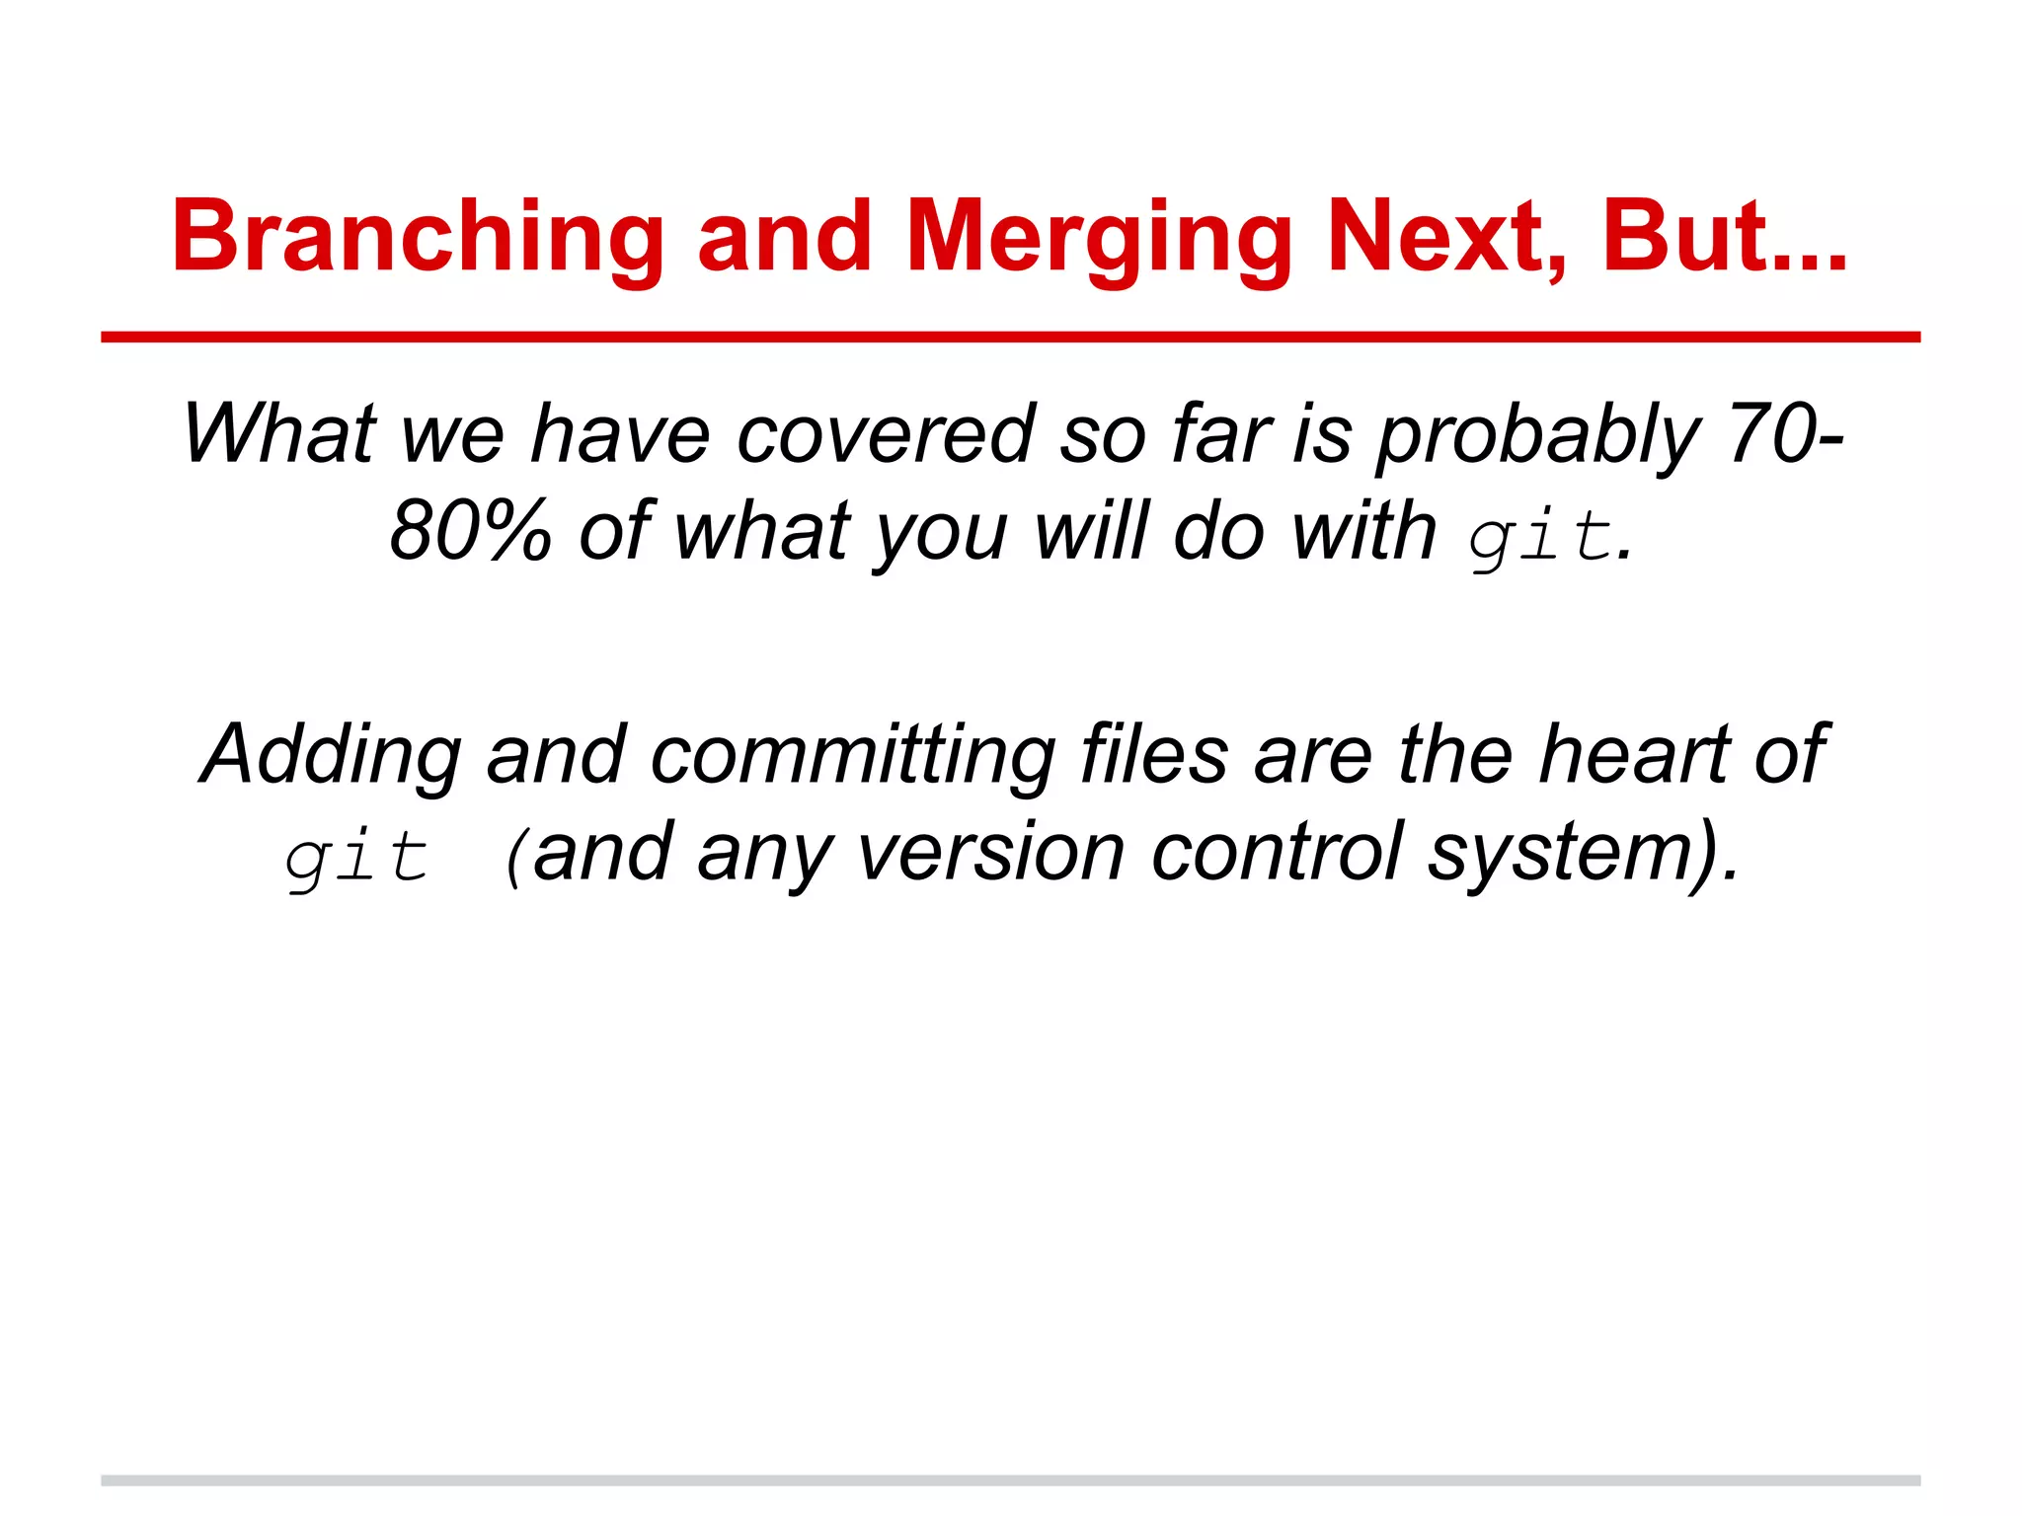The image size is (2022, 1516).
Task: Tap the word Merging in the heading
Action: coord(1098,237)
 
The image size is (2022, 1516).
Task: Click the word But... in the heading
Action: coord(1724,237)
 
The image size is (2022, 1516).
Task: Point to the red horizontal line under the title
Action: coord(1010,338)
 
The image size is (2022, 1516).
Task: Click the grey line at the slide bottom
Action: coord(1010,1480)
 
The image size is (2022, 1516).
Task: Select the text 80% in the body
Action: coord(470,531)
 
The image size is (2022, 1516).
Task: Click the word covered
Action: coord(886,434)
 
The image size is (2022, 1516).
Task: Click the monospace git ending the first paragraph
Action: coord(1539,538)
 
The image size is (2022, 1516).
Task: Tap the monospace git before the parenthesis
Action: coord(356,857)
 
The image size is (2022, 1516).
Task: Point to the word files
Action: coord(1154,754)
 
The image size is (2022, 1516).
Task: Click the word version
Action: coord(990,853)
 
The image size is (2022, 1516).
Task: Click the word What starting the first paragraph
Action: coord(279,434)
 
